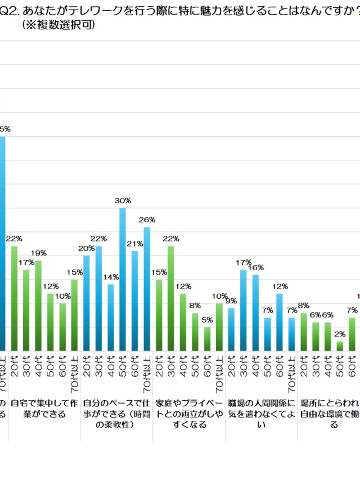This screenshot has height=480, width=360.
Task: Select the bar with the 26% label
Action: [147, 289]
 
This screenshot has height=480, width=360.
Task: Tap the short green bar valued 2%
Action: [339, 346]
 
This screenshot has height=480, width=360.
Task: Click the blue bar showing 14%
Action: [111, 318]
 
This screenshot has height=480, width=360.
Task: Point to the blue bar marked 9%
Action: [231, 329]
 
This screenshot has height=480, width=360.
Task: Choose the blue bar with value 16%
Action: [255, 313]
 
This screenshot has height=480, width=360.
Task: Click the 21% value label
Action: [135, 244]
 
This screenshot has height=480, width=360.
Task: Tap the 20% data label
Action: [87, 248]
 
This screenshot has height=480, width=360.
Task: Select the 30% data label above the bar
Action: [123, 201]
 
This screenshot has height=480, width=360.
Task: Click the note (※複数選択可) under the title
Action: [58, 25]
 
